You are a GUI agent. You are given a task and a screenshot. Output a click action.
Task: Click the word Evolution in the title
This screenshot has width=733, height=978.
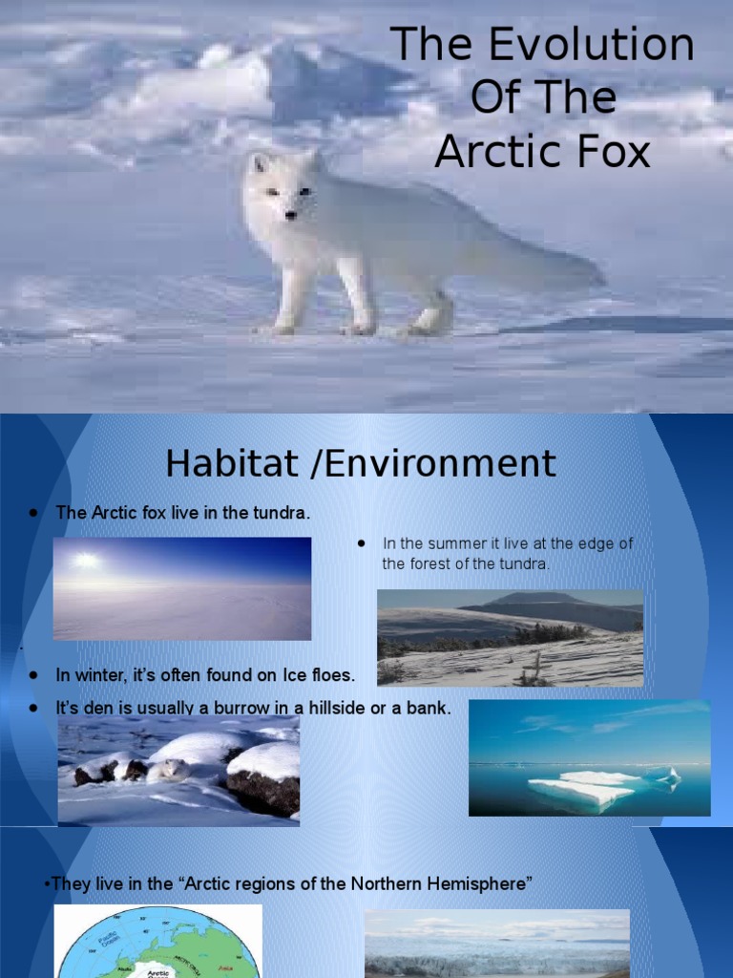586,45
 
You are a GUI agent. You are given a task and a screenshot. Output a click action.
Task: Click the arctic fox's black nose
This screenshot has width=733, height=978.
289,215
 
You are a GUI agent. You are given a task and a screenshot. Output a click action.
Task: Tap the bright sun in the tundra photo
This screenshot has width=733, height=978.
86,561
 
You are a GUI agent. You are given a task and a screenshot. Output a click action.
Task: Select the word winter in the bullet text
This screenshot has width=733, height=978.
98,675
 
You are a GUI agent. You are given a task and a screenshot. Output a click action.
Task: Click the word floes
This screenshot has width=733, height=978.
332,675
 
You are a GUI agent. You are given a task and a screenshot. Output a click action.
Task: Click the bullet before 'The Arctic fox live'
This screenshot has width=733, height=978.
33,513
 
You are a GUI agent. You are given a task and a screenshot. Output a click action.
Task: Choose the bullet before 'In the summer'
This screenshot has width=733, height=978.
362,542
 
